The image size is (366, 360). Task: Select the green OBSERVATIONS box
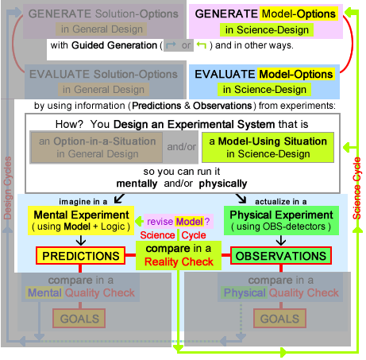[280, 257]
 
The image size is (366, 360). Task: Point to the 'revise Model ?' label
[177, 220]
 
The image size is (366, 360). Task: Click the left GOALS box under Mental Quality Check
[79, 319]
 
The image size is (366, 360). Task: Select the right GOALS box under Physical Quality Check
[280, 319]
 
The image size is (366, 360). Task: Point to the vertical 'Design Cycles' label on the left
[8, 187]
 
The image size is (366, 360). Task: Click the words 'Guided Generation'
[114, 45]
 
